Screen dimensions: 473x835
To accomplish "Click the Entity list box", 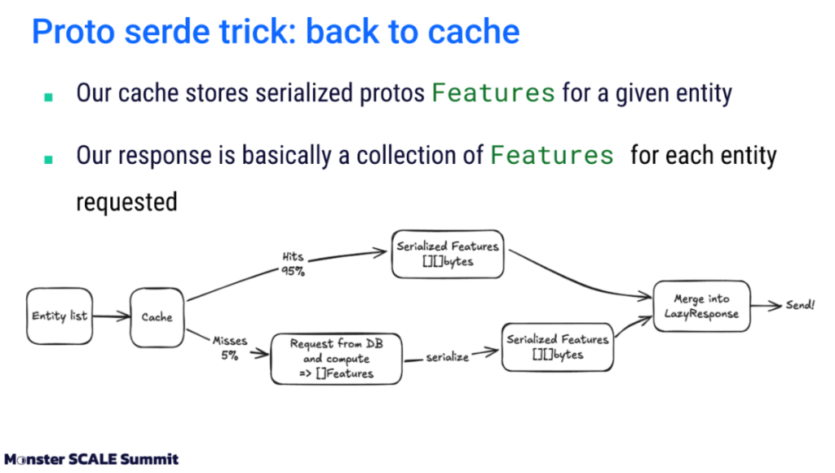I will coord(60,316).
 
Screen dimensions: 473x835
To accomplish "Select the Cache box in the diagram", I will coord(157,316).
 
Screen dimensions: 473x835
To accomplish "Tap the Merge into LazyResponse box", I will coord(701,306).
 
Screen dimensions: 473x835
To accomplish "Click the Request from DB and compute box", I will coord(336,359).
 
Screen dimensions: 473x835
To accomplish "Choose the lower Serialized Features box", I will coord(557,347).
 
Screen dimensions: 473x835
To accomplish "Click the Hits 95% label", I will coord(293,264).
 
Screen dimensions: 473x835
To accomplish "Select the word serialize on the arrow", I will coord(448,357).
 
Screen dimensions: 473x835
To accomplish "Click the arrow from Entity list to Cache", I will coord(113,316).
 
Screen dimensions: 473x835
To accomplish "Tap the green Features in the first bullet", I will coord(493,92).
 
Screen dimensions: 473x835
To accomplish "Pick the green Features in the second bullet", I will coord(552,155).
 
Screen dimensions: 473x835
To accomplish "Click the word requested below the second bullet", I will coord(126,201).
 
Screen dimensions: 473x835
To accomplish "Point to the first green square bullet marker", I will coord(48,95).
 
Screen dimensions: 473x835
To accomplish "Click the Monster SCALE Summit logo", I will coord(91,458).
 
